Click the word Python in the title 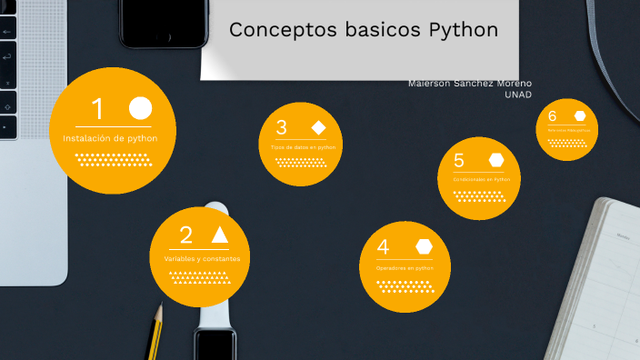[x=463, y=30]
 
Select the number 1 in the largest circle [x=97, y=109]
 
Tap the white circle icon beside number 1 [x=140, y=108]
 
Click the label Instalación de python [x=110, y=138]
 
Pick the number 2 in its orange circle [x=186, y=235]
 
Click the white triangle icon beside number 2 [x=219, y=235]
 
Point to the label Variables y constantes [x=201, y=259]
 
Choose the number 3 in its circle [x=282, y=128]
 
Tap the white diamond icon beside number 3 [x=318, y=127]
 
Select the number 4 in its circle [x=383, y=247]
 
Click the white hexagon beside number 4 [x=424, y=246]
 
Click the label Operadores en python [x=405, y=269]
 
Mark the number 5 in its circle [x=459, y=161]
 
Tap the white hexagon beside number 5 [x=496, y=160]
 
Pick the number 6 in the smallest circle [x=552, y=115]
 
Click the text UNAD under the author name [x=517, y=95]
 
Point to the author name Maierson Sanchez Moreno [x=470, y=84]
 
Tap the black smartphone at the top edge [x=163, y=23]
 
